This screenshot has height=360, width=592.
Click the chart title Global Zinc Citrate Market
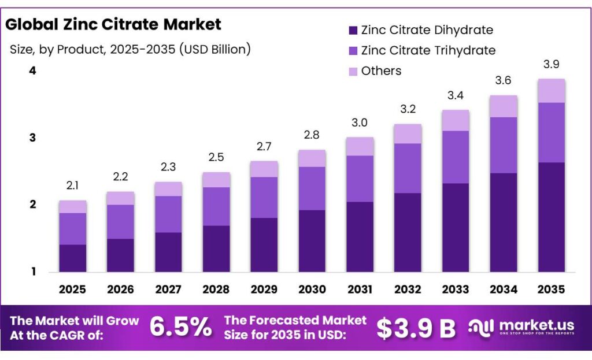coord(113,24)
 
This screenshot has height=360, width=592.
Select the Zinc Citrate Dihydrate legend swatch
coord(352,30)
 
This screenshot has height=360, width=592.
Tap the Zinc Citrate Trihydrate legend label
coord(428,50)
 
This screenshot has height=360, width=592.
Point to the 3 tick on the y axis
coord(32,138)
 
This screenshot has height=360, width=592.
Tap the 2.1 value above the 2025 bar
coord(73,185)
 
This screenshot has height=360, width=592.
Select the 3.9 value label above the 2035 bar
coord(552,64)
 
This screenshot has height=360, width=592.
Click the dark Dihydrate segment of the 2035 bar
coord(552,217)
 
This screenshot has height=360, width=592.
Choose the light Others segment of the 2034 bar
coord(504,106)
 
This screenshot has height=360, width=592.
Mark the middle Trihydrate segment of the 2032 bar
coord(408,168)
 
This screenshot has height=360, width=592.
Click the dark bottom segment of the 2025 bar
coord(73,258)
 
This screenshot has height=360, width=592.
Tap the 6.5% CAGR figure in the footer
coord(180,327)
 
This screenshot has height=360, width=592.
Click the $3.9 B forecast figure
coord(416,328)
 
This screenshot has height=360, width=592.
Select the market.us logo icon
coord(481,328)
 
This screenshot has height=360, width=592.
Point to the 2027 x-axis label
coord(168,289)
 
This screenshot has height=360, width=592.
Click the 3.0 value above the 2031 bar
coord(360,123)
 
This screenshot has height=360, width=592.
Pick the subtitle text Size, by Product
coord(130,49)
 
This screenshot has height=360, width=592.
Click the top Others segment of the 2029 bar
coord(264,169)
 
